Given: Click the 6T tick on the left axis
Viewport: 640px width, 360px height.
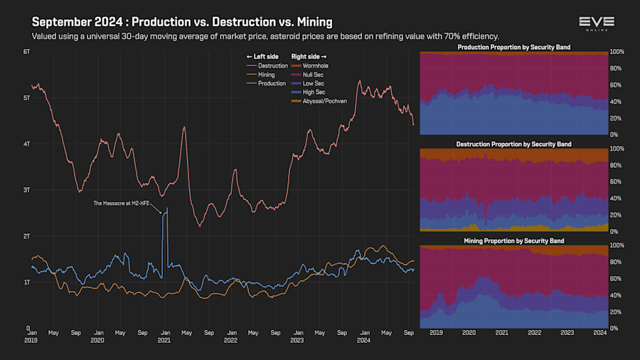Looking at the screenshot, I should point(26,52).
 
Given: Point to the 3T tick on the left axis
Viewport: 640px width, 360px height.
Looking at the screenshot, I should point(26,190).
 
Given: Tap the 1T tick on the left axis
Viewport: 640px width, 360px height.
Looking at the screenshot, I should point(26,282).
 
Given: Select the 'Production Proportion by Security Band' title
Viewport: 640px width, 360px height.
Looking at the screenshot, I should point(513,48).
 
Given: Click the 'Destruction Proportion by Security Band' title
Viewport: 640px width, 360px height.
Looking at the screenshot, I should point(513,144).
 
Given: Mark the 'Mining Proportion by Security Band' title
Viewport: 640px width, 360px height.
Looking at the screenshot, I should point(513,241).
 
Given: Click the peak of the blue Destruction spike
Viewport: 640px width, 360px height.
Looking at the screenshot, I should point(166,208).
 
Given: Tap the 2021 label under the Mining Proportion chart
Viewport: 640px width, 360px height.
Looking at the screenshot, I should point(501,332).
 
